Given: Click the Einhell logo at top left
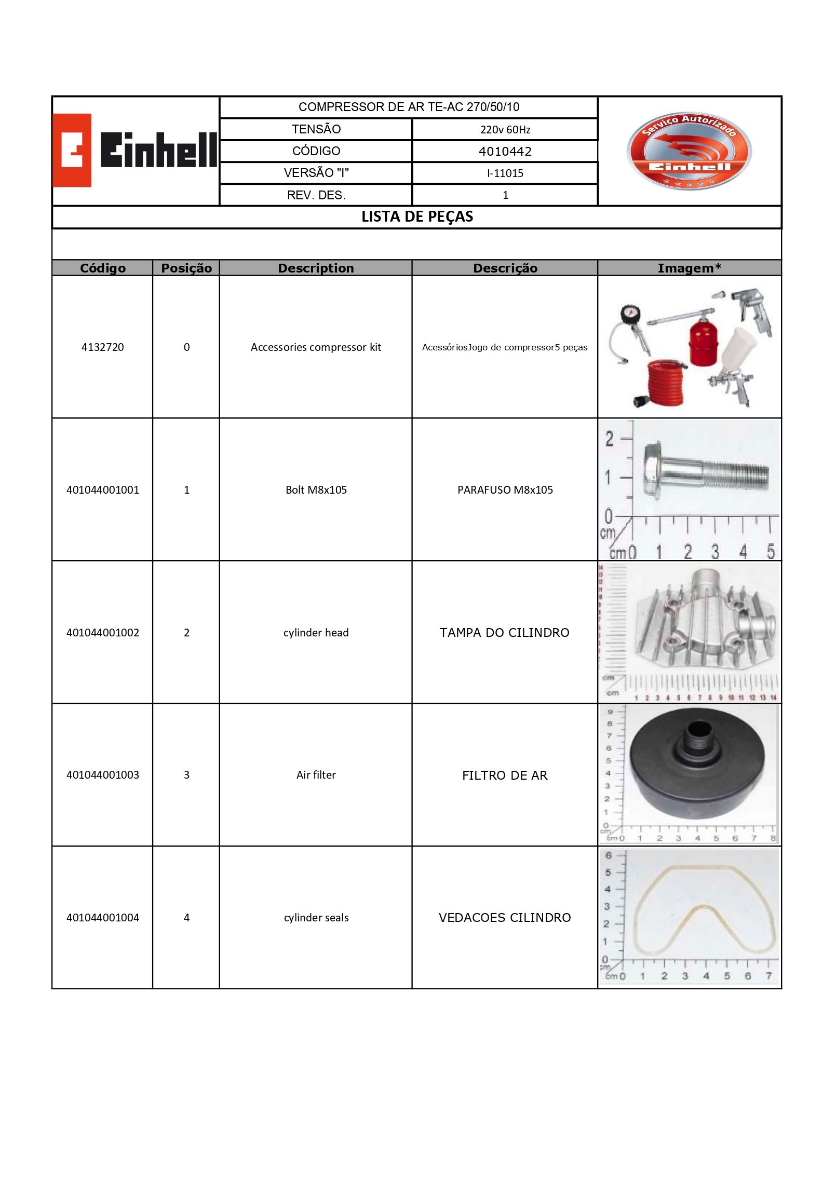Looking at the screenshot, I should pos(135,150).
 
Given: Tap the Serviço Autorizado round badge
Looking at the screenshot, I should pos(689,151).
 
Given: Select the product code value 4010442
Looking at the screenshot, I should pos(505,152).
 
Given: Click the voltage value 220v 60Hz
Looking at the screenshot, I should pos(505,130).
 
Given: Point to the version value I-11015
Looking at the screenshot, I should pos(505,173).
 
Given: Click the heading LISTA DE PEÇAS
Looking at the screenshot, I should pos(417,217).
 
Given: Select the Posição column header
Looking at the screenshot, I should pos(186,268).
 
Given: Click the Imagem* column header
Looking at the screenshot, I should pos(689,268).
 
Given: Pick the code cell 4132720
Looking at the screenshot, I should pos(103,347).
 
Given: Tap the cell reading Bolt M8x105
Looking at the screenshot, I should pos(316,490).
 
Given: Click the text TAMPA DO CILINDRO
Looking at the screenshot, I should pos(504,633).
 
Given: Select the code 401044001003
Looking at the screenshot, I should pos(103,775).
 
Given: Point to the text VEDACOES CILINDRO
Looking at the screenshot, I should pos(504,918).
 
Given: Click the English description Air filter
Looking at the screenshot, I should pos(316,775).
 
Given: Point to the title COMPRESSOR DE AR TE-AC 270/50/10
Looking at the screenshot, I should pos(409,107).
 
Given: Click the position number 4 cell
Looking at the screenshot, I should pos(186,918).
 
